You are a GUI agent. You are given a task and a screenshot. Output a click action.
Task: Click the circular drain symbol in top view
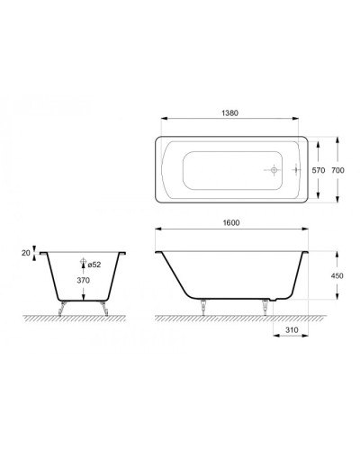tap(274, 169)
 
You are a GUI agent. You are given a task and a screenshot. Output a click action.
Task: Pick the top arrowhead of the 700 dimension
tap(337, 139)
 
